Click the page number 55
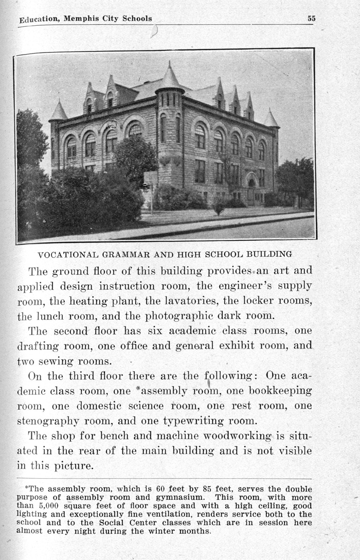tap(311, 19)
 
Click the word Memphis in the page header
tap(82, 19)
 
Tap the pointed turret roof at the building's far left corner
tap(59, 112)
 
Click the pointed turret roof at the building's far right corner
tap(271, 119)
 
